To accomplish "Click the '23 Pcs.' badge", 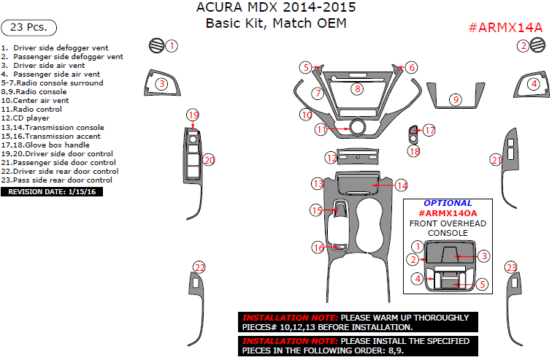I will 29,28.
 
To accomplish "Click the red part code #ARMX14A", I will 505,28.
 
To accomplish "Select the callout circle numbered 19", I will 193,115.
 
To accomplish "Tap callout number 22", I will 199,267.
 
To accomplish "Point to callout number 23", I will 511,268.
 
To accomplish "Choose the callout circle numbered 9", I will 456,99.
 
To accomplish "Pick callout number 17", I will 429,130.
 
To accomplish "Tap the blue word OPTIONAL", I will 448,203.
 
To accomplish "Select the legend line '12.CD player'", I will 25,118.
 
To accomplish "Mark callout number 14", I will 402,185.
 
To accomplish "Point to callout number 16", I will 318,248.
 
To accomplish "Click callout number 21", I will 497,160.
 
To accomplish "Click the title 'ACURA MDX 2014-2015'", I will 277,9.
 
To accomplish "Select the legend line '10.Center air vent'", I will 35,101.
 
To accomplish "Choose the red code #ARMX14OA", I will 447,212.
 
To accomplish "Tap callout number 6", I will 412,67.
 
